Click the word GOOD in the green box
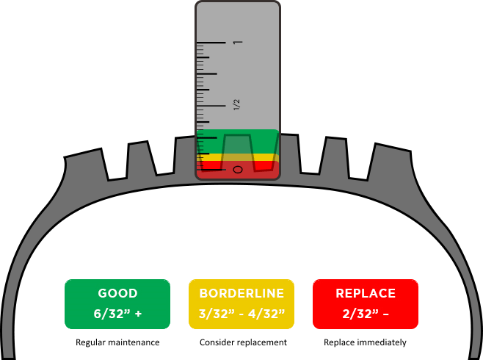click(x=117, y=293)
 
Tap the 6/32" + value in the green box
click(x=117, y=313)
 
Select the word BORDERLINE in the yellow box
click(x=241, y=293)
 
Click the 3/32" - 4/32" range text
click(x=241, y=313)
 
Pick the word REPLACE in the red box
click(x=366, y=293)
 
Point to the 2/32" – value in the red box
click(x=366, y=313)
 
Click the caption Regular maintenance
click(x=117, y=342)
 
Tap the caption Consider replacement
click(x=242, y=342)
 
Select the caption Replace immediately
click(x=366, y=342)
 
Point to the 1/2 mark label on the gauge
click(x=236, y=104)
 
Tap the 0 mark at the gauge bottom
click(x=237, y=170)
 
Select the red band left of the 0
click(x=213, y=167)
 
